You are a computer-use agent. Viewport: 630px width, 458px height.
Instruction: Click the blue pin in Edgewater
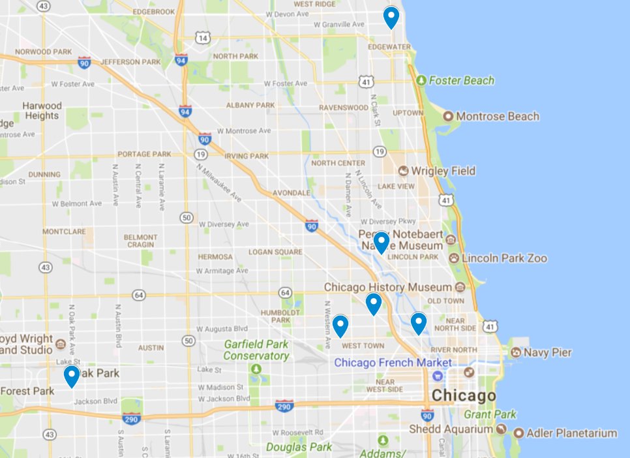[x=391, y=18]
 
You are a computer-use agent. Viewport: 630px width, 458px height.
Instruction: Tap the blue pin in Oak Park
[x=72, y=376]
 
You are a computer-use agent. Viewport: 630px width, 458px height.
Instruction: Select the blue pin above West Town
[x=340, y=326]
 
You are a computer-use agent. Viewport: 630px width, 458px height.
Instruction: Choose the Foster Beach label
[x=461, y=81]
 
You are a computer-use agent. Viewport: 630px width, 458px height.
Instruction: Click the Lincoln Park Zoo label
[x=504, y=258]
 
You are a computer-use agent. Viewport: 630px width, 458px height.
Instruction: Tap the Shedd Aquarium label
[x=450, y=429]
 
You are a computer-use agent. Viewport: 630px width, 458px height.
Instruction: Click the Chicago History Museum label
[x=388, y=287]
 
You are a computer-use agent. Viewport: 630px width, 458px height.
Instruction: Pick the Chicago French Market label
[x=393, y=362]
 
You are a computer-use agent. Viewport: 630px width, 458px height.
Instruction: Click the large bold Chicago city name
[x=464, y=395]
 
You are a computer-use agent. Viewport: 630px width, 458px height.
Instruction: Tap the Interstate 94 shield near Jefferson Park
[x=183, y=61]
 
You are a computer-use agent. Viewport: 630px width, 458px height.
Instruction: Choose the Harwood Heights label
[x=42, y=110]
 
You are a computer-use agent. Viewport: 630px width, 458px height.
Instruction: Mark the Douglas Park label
[x=296, y=447]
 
